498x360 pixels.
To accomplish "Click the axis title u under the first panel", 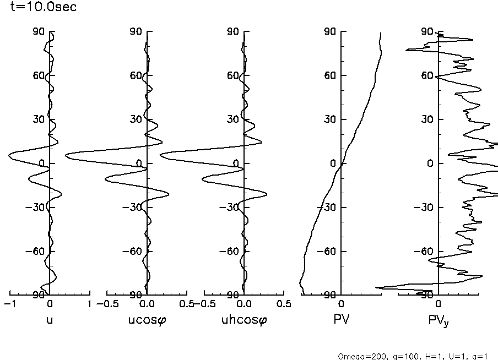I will point(50,319).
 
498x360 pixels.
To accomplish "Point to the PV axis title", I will point(342,319).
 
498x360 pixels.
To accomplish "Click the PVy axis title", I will point(439,320).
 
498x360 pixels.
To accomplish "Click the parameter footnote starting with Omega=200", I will point(413,356).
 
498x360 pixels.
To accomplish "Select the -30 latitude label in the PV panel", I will point(329,208).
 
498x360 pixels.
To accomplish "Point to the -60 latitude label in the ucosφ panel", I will point(134,252).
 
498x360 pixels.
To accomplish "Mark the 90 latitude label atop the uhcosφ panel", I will point(233,31).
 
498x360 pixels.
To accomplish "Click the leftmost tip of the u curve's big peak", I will point(9,156).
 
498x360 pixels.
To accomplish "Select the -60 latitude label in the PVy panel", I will point(426,252).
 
